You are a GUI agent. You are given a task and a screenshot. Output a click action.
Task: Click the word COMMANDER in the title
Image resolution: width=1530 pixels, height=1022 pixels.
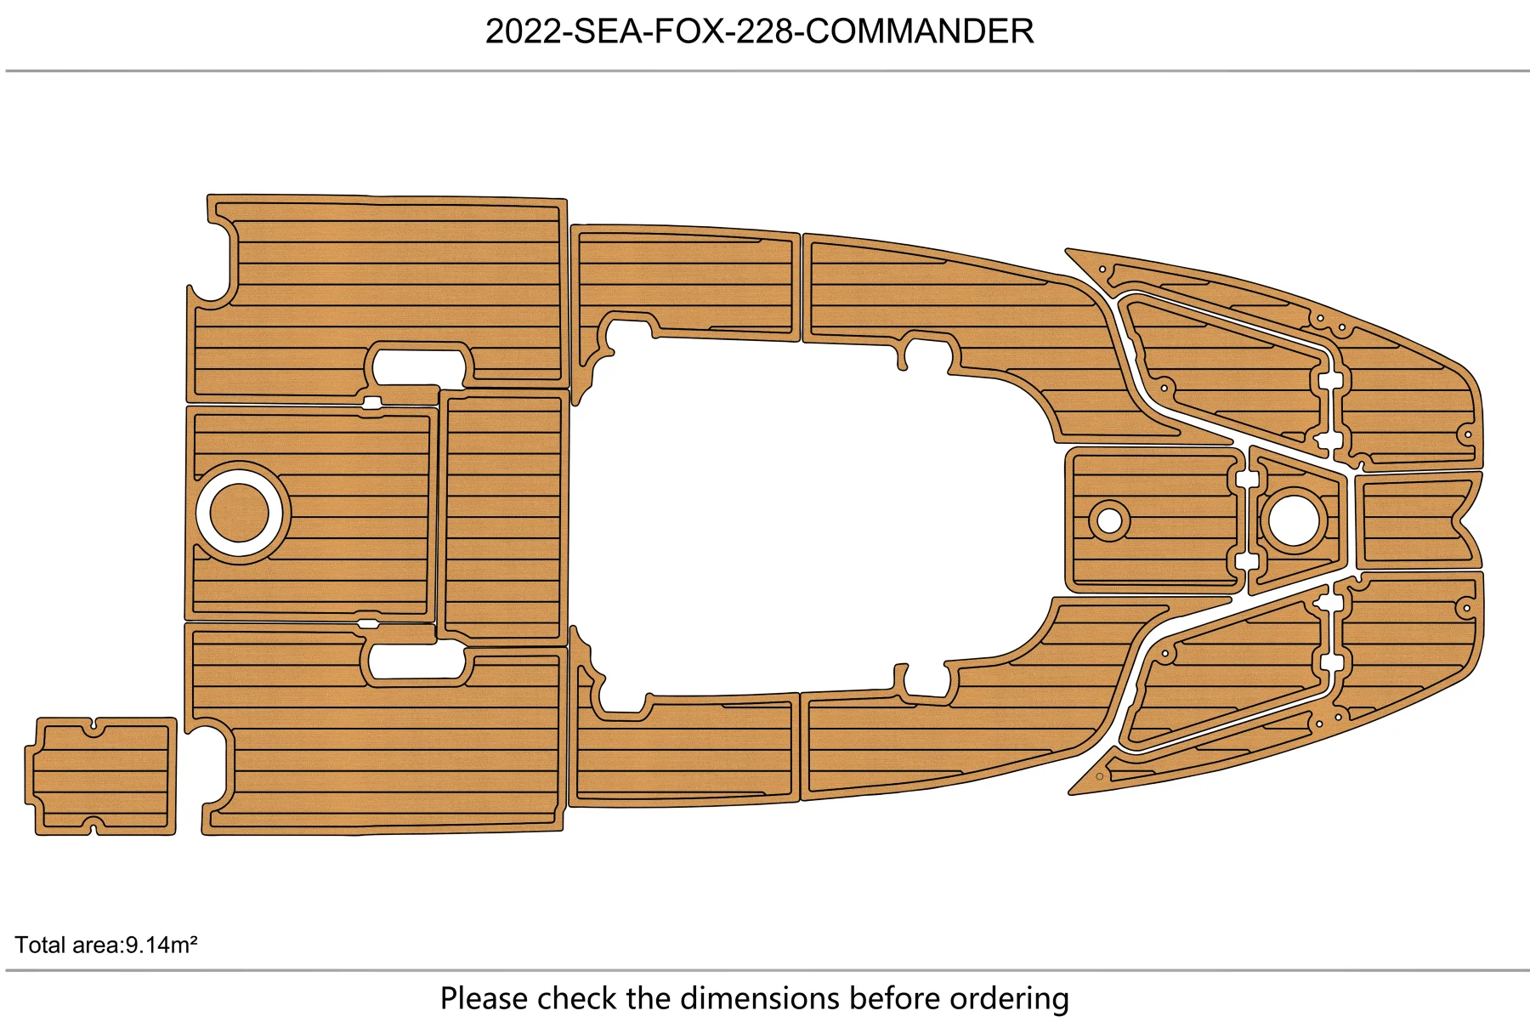point(919,31)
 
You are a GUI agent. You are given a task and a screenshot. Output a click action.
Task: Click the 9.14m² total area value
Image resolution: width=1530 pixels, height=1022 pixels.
point(161,945)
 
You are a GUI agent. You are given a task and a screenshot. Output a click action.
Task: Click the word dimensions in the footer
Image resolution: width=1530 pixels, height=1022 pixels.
point(734,998)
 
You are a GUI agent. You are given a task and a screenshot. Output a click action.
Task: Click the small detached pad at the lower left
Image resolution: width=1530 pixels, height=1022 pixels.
point(101,775)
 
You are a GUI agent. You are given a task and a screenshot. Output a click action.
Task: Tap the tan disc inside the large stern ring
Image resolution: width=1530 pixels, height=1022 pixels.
point(239,513)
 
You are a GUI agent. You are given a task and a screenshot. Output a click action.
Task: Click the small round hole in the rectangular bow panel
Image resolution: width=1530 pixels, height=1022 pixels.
point(1109,520)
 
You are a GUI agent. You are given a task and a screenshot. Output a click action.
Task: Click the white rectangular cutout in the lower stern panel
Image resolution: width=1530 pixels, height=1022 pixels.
point(416,661)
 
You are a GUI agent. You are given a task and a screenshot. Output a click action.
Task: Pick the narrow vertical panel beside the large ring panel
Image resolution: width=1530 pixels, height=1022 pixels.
point(503,516)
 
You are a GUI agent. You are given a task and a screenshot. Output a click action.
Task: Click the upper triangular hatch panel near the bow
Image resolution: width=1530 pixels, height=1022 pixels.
point(1224,366)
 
